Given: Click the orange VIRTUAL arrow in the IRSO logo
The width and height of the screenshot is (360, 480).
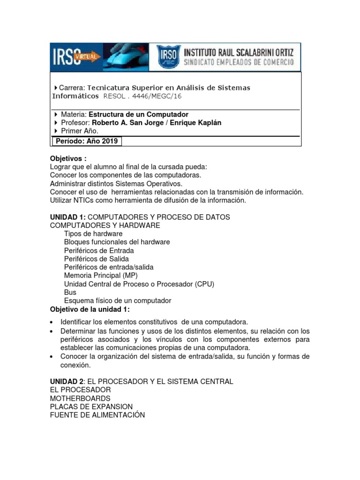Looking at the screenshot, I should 89,56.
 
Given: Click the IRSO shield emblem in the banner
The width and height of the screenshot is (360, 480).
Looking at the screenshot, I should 167,57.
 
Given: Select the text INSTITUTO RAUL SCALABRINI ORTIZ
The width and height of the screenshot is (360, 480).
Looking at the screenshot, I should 239,52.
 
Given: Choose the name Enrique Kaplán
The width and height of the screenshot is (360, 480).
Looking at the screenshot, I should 195,123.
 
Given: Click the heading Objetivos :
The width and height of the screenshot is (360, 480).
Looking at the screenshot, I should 68,158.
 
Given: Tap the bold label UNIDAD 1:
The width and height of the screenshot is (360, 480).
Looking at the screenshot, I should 67,217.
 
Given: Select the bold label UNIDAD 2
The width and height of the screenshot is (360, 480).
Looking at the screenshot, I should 67,382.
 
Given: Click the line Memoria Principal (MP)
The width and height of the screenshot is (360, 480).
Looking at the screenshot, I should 101,275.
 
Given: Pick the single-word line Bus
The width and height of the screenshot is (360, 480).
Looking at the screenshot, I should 70,292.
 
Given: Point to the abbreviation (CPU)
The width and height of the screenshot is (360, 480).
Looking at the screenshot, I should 199,284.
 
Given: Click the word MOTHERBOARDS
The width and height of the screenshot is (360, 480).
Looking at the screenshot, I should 80,398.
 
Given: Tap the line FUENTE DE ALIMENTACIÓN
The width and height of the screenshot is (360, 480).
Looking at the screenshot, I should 97,415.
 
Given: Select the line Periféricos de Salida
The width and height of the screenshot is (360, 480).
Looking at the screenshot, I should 96,258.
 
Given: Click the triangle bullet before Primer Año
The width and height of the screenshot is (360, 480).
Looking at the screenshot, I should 56,131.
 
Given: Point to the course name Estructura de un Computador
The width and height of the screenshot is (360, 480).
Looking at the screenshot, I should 138,114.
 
